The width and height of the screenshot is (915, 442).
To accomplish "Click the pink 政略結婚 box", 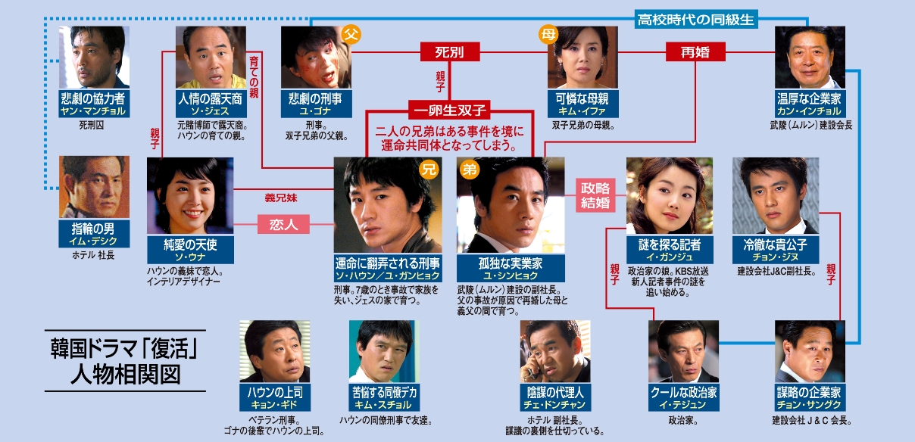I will pos(595,196).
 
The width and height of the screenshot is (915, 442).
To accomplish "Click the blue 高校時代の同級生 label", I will pos(696,20).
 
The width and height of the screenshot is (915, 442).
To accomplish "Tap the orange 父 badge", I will pos(351,34).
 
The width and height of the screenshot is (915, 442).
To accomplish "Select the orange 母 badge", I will pos(548,34).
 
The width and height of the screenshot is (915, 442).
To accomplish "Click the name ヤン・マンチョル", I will pos(95,111).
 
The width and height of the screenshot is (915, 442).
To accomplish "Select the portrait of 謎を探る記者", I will pos(670,195).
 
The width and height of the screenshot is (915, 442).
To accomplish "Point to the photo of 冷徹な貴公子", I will pos(776,195).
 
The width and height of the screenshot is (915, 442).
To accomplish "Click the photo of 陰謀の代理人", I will pos(555,350).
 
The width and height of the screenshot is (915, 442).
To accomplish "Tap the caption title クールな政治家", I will pos(683,393).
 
